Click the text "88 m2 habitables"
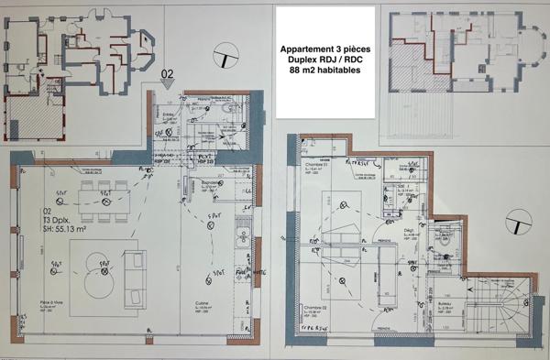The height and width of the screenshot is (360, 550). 324,71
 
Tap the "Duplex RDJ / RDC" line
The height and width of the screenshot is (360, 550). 324,58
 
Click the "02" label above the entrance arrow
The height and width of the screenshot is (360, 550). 167,72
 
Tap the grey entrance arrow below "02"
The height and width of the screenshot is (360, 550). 167,84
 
